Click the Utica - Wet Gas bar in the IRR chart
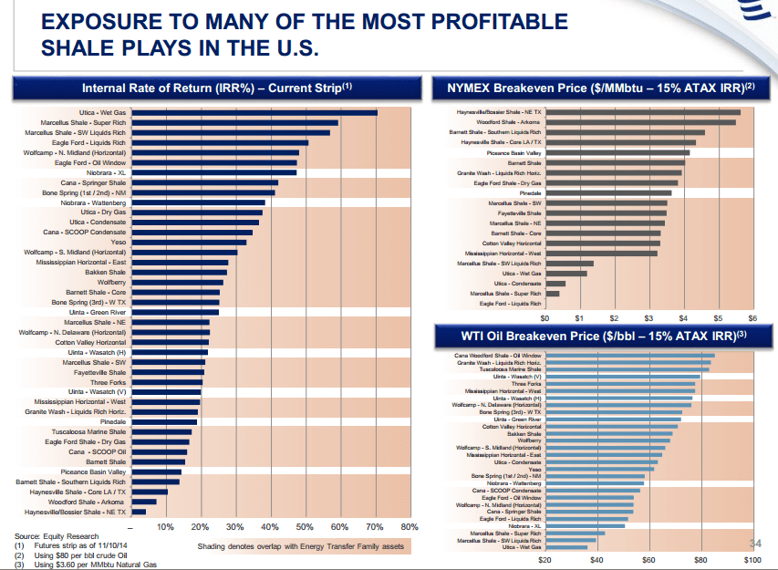click(x=254, y=113)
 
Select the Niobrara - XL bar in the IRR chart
click(x=213, y=172)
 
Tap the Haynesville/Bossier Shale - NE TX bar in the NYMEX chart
click(x=643, y=112)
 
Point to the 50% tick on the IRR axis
click(x=305, y=527)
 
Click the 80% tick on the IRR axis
click(x=409, y=527)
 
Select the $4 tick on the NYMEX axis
click(x=683, y=318)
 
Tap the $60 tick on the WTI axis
click(x=648, y=558)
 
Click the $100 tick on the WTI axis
click(x=752, y=558)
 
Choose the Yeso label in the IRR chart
click(x=118, y=242)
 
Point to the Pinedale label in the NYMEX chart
click(x=530, y=193)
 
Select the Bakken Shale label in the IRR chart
click(x=106, y=272)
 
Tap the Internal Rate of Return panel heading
click(x=217, y=88)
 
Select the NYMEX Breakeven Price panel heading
click(x=601, y=88)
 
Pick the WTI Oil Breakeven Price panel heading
click(x=601, y=337)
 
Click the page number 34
click(x=754, y=544)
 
